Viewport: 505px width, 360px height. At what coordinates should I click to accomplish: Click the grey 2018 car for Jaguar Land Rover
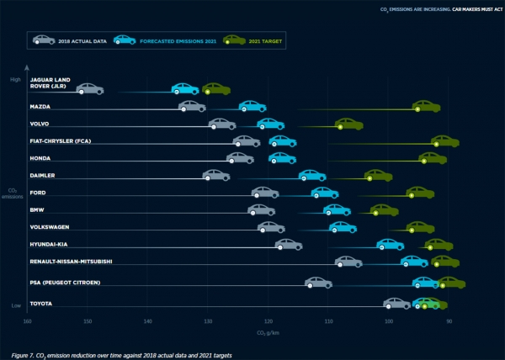click(89, 88)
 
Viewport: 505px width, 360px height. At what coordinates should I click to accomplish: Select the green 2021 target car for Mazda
click(427, 106)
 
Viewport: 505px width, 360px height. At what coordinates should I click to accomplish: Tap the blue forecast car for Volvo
click(270, 124)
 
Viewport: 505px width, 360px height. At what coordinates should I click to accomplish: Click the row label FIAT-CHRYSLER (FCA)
click(60, 140)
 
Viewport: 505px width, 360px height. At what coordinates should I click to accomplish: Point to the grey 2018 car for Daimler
click(216, 175)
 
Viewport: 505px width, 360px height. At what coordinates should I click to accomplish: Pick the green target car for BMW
click(384, 209)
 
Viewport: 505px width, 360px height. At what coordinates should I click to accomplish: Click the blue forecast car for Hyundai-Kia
click(390, 244)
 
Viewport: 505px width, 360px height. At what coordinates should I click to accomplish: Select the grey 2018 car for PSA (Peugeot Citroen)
click(318, 282)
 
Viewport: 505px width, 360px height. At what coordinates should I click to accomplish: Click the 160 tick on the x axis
click(27, 320)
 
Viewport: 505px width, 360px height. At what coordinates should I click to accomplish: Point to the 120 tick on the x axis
click(268, 320)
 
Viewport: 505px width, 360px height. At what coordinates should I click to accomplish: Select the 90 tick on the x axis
click(449, 320)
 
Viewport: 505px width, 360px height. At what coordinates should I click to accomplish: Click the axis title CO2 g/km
click(268, 333)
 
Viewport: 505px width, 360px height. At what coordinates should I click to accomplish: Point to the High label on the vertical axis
click(15, 80)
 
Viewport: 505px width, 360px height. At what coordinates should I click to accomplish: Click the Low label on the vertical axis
click(15, 305)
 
